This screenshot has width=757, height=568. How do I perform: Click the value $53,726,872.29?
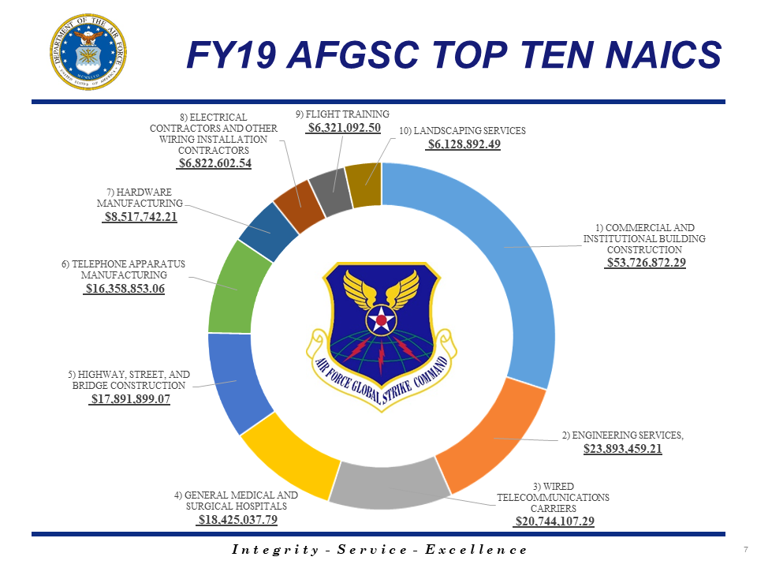pyautogui.click(x=645, y=263)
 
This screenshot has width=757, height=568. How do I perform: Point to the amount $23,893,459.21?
pyautogui.click(x=622, y=449)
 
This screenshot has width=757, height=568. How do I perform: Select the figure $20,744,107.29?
pyautogui.click(x=554, y=521)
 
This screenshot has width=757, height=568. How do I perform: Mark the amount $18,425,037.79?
pyautogui.click(x=237, y=520)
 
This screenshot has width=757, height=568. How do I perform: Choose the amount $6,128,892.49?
pyautogui.click(x=463, y=144)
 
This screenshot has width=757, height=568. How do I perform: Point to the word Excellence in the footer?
pyautogui.click(x=476, y=550)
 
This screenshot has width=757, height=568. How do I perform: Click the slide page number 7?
pyautogui.click(x=745, y=549)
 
